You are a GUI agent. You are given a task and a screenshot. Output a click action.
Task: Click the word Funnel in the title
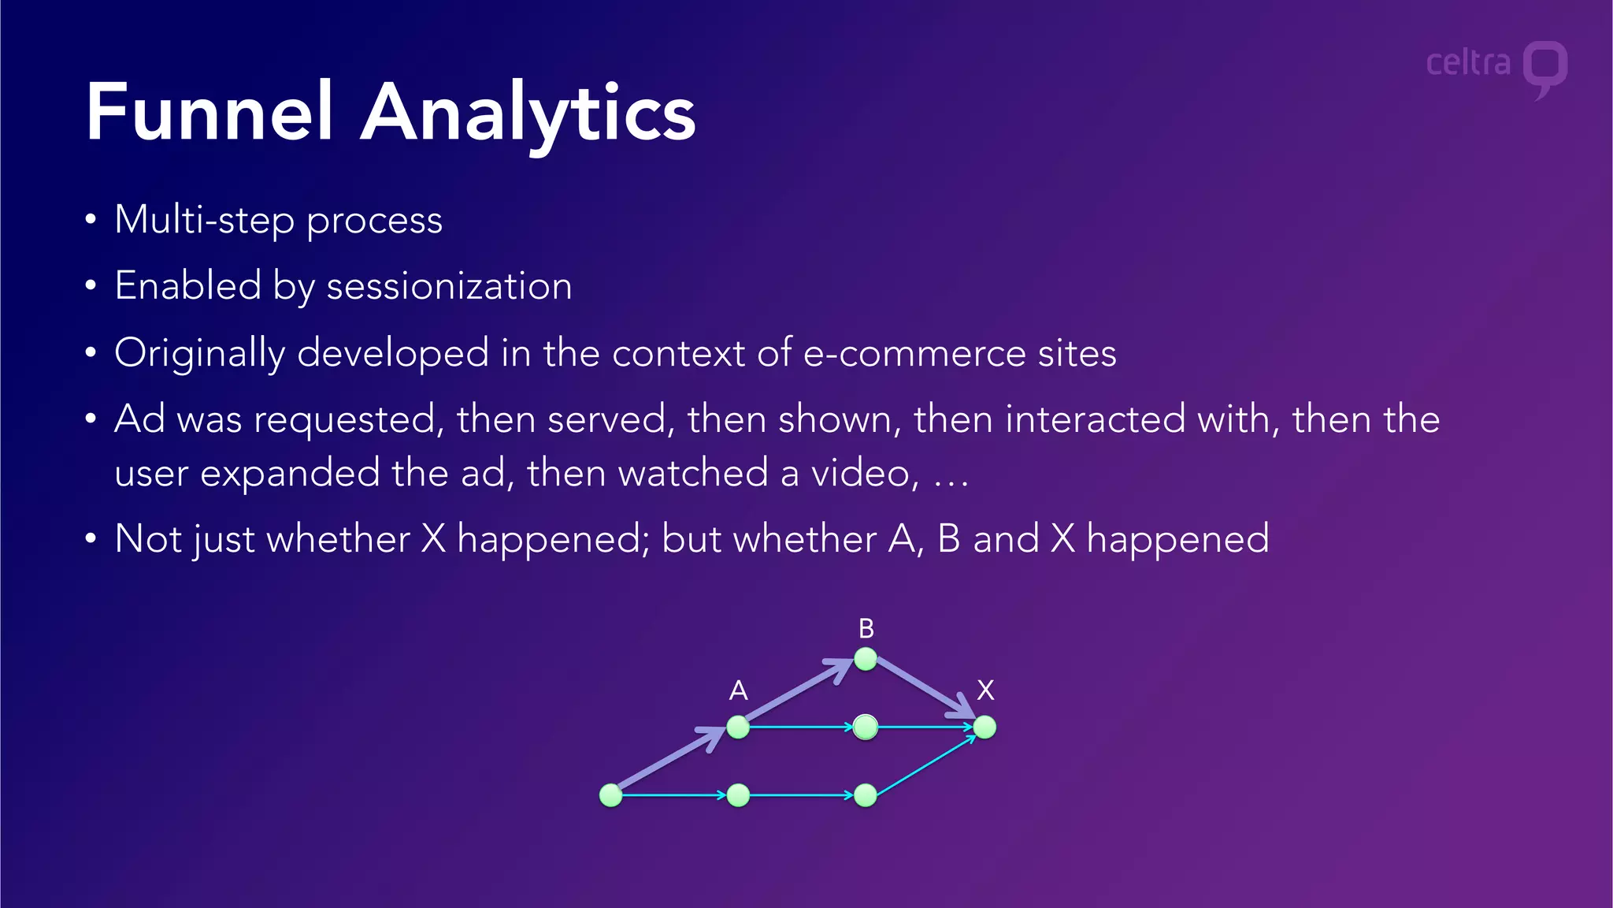[210, 113]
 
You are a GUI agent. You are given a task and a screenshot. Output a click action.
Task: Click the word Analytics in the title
[528, 114]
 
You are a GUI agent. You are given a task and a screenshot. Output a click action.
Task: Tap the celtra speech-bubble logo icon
[1544, 68]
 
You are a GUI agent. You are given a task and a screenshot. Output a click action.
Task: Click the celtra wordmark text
[1468, 63]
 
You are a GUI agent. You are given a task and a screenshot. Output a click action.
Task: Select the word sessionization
[449, 286]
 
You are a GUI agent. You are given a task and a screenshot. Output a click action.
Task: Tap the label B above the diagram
[866, 629]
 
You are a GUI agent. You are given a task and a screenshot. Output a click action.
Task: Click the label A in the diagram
[738, 690]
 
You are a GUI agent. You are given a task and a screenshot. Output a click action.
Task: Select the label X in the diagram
[985, 690]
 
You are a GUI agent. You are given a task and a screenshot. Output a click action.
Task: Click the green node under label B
[866, 659]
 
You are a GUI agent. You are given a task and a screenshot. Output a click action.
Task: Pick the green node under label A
[738, 727]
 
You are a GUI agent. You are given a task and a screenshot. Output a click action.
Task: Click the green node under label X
[984, 727]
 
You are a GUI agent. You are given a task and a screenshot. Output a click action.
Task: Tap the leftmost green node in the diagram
[611, 795]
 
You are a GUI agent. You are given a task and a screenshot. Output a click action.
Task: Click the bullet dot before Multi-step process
[91, 220]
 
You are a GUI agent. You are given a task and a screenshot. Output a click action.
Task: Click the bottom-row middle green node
[738, 795]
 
